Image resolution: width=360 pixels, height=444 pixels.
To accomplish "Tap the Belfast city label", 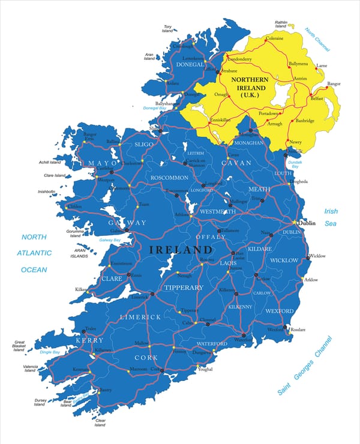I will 317,98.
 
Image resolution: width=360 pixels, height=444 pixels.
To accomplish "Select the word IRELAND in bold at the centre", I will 181,249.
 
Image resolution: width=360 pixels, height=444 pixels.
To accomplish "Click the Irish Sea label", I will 331,217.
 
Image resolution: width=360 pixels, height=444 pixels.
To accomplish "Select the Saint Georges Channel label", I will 305,365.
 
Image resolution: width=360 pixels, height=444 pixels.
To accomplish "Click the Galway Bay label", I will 110,240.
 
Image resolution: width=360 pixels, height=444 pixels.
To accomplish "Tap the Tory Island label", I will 168,29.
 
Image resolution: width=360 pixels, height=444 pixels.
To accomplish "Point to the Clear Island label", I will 100,423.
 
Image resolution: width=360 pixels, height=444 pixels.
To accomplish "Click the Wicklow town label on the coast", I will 317,256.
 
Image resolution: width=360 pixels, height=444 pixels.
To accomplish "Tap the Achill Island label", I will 51,162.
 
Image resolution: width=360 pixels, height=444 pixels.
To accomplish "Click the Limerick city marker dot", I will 152,294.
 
